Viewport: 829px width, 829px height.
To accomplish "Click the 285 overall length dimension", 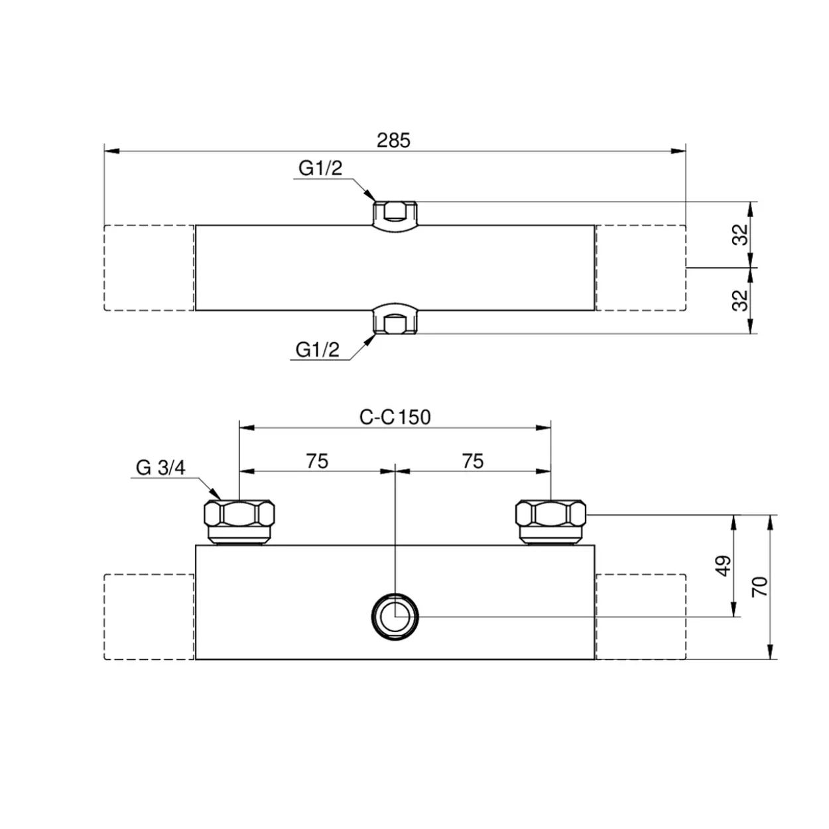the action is (x=394, y=141).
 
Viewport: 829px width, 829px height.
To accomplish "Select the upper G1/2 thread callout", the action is (x=320, y=168).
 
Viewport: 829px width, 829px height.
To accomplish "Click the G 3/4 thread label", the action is (x=160, y=468).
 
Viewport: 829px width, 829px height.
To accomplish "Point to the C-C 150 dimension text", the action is (x=395, y=417).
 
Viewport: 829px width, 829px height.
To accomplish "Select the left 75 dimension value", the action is (x=317, y=461).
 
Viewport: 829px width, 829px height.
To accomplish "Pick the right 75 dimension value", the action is (x=473, y=461).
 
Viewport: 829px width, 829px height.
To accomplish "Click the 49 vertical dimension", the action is (x=723, y=566).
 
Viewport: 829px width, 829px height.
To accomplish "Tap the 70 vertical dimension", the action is (x=760, y=587).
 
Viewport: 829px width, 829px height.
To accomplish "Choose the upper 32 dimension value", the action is (x=740, y=235).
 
